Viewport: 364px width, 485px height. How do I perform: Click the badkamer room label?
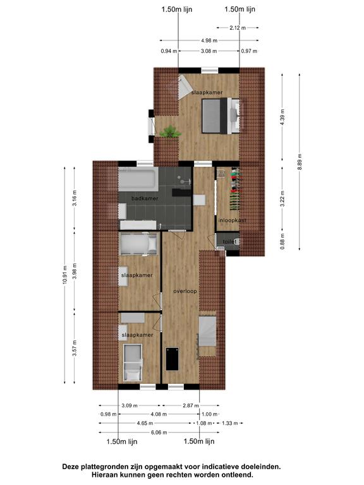145,198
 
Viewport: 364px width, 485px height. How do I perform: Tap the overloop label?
185,291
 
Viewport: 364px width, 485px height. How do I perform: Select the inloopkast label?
232,220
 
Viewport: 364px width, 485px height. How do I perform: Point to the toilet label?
229,241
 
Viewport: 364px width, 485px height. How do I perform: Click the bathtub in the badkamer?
138,179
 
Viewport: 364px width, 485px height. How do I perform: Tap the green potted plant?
169,132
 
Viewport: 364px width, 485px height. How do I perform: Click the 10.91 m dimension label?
64,275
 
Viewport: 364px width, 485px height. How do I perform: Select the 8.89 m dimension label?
300,162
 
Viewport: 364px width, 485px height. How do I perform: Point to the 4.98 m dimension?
209,40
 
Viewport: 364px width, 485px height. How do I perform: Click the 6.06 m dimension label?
159,433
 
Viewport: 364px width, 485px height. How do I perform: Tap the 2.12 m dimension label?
238,28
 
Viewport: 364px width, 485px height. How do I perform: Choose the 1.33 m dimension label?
229,423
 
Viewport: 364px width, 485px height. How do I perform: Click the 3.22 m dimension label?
282,199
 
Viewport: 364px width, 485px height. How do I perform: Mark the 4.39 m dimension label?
282,117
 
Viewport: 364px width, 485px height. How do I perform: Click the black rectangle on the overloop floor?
173,359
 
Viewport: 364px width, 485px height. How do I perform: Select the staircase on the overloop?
207,331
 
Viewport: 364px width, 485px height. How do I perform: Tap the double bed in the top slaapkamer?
221,116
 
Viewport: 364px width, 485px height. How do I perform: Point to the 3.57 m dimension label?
75,348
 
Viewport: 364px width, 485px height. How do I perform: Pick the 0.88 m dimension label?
282,241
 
